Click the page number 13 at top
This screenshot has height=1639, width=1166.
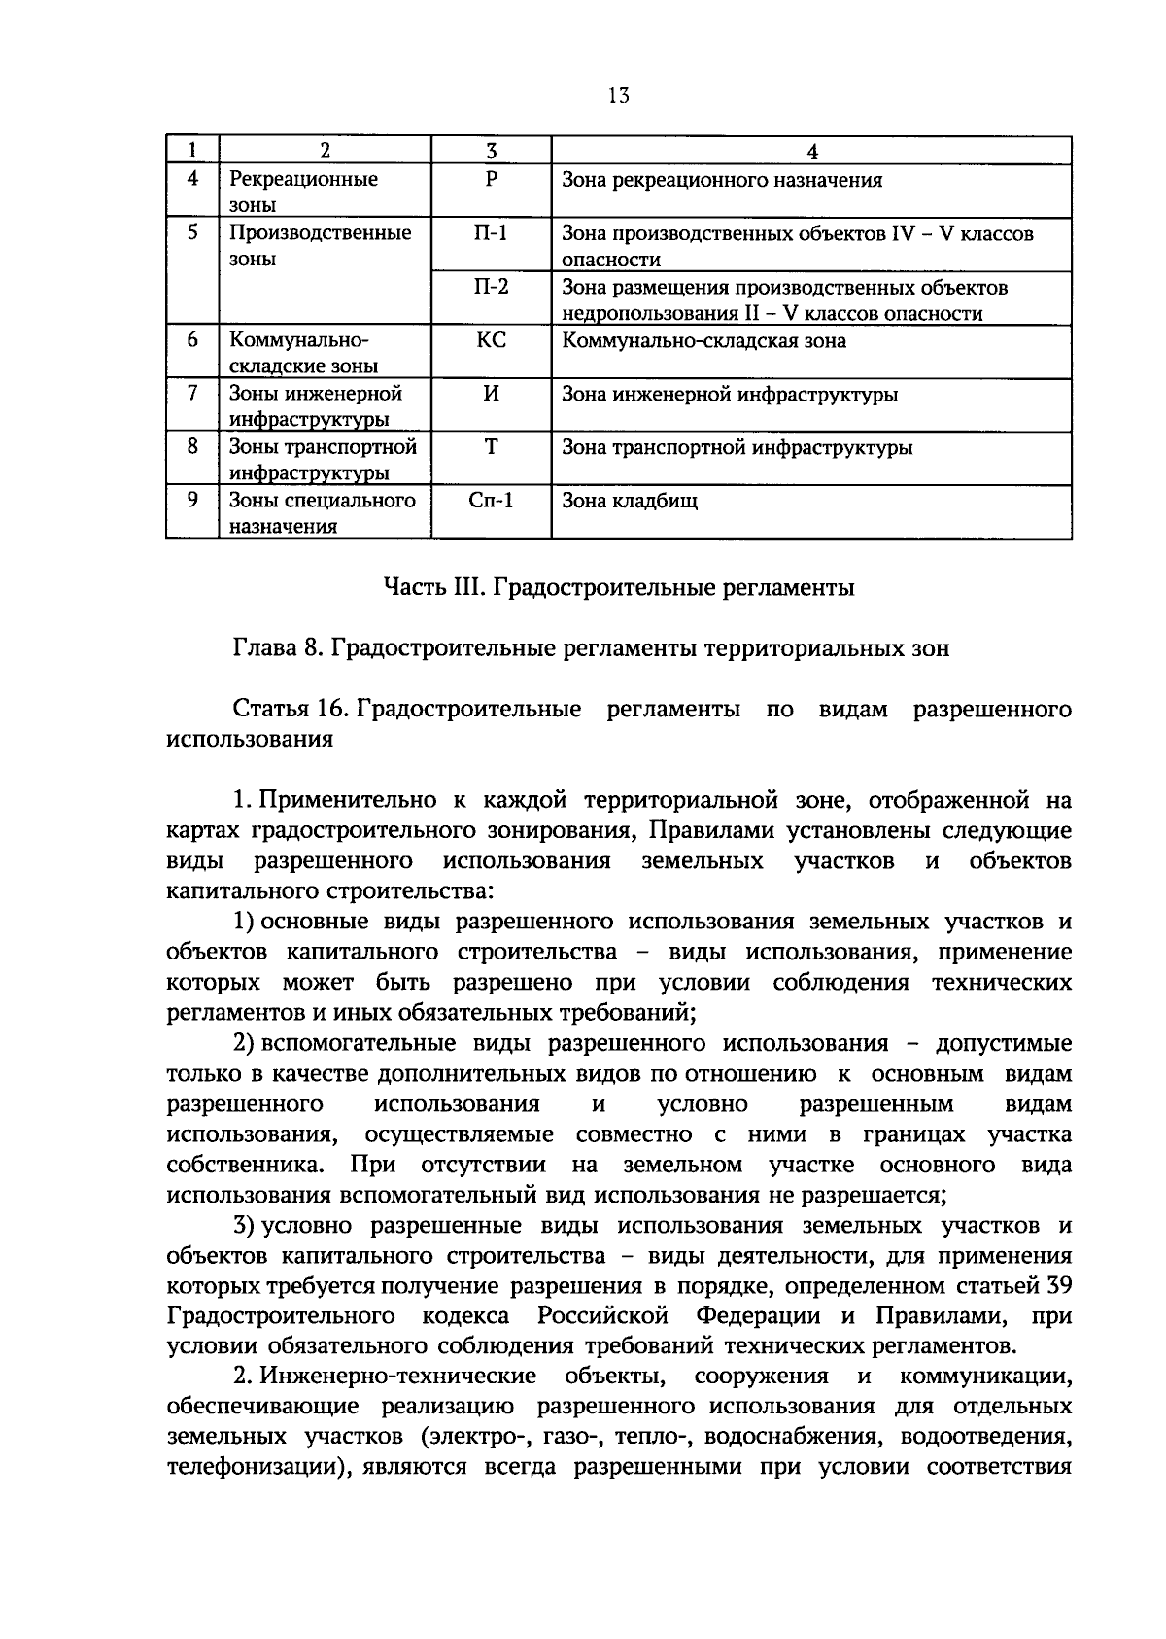pyautogui.click(x=619, y=95)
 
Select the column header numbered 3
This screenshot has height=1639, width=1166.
pyautogui.click(x=491, y=151)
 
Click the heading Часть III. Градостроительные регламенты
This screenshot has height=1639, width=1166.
pyautogui.click(x=619, y=588)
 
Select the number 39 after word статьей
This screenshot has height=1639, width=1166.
pyautogui.click(x=1058, y=1286)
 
